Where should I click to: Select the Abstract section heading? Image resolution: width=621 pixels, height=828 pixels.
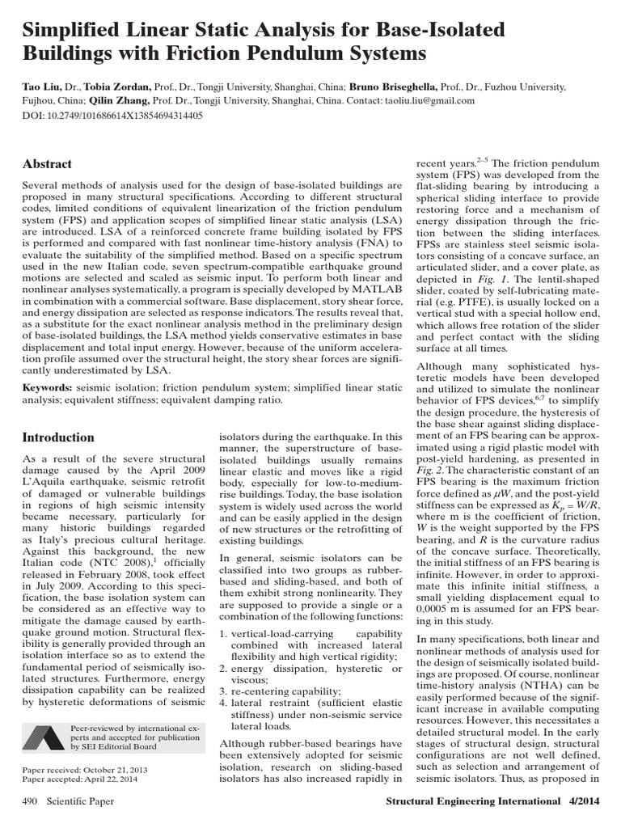coord(47,163)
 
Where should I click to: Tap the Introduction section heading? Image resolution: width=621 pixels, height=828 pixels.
coord(58,437)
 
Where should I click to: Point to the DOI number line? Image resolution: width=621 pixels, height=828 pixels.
coord(112,116)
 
